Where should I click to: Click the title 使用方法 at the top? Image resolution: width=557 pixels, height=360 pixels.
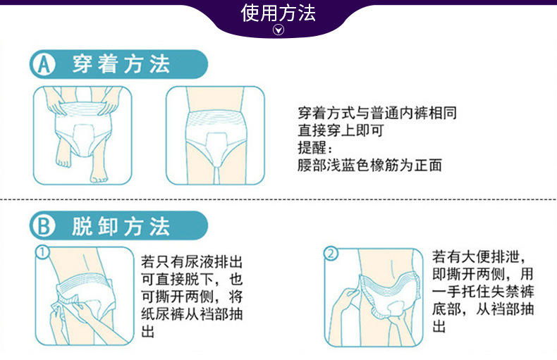(x=278, y=13)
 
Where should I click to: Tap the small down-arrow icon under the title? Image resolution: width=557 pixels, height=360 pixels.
(x=278, y=30)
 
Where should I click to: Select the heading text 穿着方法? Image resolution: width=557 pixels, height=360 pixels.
(x=121, y=66)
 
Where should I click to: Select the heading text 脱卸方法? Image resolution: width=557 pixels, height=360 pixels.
(x=121, y=226)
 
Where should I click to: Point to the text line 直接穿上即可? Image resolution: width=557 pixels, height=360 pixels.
(x=340, y=130)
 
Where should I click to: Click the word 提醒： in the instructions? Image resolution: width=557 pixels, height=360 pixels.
(x=316, y=148)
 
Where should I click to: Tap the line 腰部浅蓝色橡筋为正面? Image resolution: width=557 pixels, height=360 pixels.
(x=369, y=166)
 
